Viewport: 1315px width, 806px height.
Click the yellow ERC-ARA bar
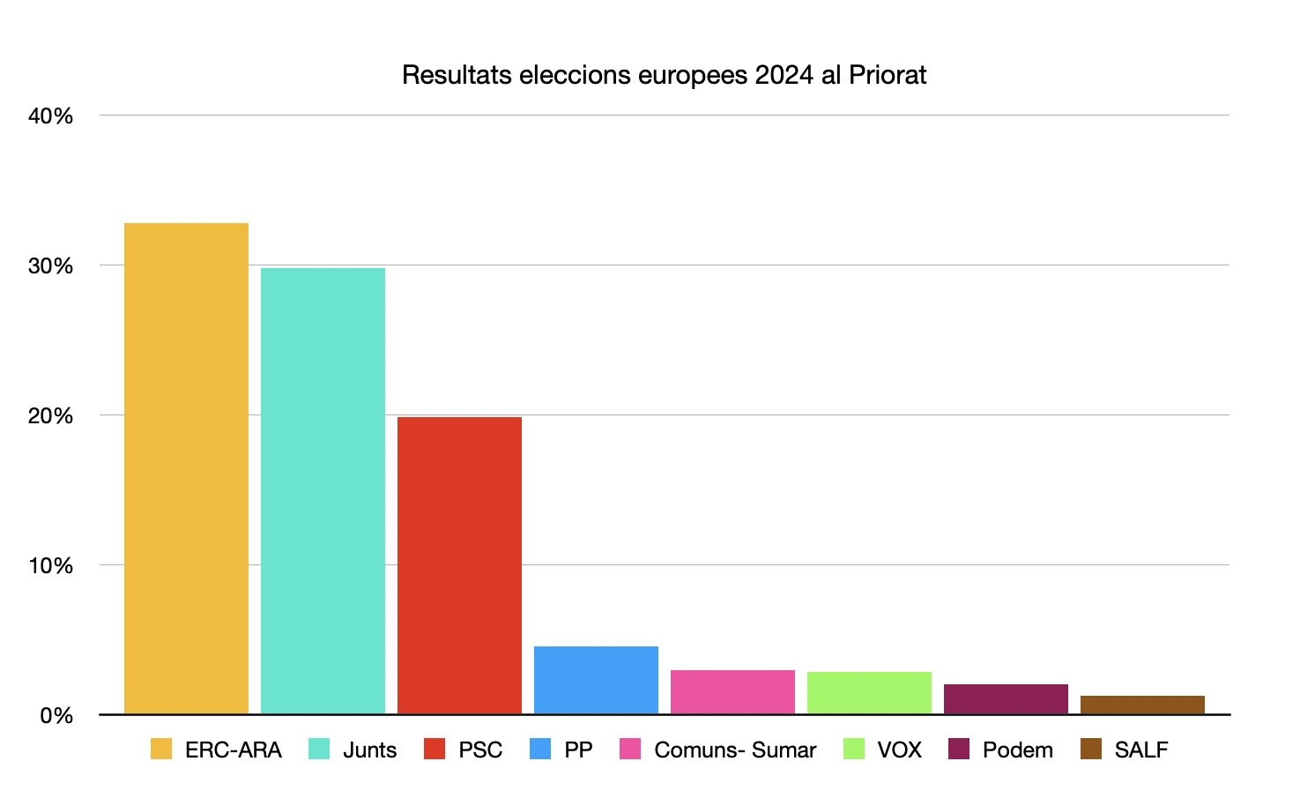tap(186, 468)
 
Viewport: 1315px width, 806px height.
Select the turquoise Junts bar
tap(323, 490)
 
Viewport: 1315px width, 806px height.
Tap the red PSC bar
tap(459, 565)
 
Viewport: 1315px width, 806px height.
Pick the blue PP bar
tap(596, 680)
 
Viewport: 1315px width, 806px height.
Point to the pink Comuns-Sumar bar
tap(732, 692)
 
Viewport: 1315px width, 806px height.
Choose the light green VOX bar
tap(869, 693)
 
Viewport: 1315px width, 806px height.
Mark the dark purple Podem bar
tap(1006, 699)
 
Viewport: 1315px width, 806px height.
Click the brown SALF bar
tap(1142, 705)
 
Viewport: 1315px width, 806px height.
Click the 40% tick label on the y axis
tap(50, 116)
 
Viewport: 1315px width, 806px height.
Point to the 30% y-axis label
tap(50, 265)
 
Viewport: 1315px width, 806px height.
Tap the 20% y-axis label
tap(50, 415)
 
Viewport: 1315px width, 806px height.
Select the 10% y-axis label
tap(50, 565)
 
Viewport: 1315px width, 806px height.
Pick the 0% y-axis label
tap(56, 715)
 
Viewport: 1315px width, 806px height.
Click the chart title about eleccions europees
tap(664, 75)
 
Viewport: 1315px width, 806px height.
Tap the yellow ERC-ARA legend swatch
tap(161, 749)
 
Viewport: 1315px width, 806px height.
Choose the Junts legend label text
tap(369, 750)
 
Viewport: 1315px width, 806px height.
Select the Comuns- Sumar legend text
tap(735, 750)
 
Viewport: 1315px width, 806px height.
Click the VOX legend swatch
tap(854, 749)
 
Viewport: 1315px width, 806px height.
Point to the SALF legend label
tap(1141, 750)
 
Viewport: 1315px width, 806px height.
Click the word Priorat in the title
tap(888, 75)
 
